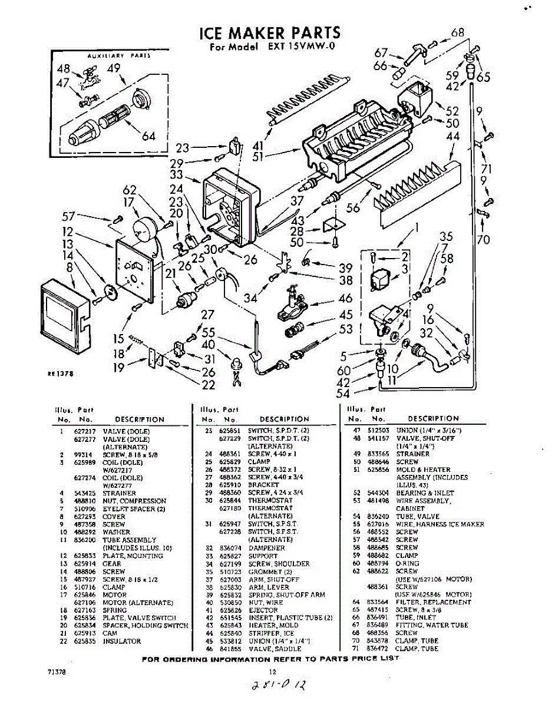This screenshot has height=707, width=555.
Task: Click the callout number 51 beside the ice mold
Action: click(x=256, y=157)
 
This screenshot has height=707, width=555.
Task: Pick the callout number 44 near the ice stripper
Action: click(x=453, y=137)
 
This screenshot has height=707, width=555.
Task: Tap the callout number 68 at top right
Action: click(x=457, y=32)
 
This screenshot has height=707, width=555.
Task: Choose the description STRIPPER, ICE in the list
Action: click(x=271, y=633)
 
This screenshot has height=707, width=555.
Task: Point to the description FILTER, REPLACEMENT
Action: click(x=434, y=602)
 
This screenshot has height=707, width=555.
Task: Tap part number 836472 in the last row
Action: click(x=376, y=649)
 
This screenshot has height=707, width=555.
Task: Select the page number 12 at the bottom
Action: click(x=272, y=671)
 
